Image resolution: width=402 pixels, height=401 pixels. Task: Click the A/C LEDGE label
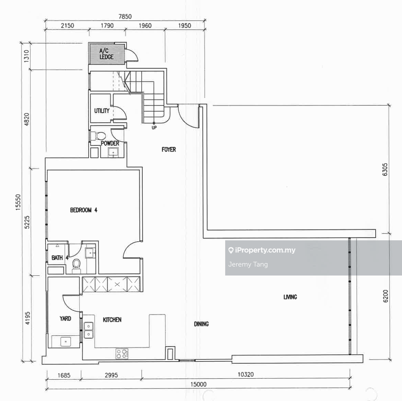[106, 54]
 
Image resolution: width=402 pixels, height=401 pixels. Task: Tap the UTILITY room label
[102, 111]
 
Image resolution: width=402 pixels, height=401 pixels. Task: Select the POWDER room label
[110, 143]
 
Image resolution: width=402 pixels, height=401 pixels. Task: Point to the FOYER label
[169, 149]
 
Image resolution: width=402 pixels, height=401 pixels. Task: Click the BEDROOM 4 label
[84, 210]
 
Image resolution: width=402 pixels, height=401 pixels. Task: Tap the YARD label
[65, 319]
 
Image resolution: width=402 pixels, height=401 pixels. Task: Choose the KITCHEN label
[112, 320]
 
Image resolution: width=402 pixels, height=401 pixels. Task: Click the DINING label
[201, 324]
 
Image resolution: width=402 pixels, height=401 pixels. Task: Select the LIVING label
[290, 297]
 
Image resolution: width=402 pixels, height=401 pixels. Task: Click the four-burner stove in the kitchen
[122, 354]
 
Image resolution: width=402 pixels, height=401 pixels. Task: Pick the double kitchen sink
[89, 330]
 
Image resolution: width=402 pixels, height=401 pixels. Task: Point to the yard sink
[65, 342]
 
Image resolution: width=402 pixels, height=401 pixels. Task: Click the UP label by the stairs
[154, 128]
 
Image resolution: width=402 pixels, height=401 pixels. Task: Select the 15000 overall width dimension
[199, 384]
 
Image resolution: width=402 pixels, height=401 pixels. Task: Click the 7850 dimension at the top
[125, 17]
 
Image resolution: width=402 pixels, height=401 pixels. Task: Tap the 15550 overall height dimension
[18, 202]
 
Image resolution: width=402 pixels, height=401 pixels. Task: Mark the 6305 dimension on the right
[385, 170]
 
